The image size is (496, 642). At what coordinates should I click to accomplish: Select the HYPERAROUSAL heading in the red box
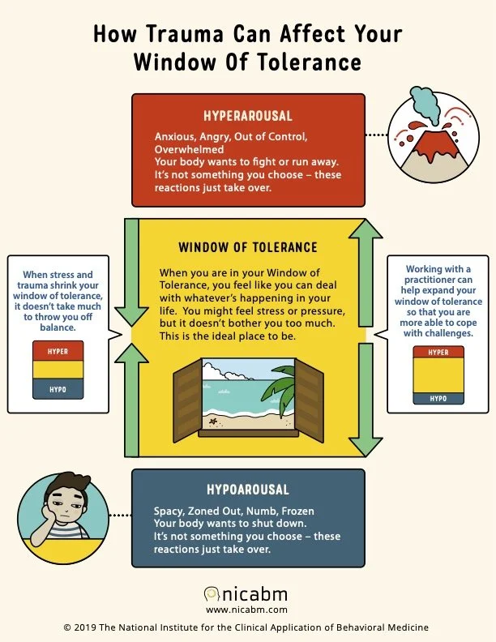click(x=248, y=115)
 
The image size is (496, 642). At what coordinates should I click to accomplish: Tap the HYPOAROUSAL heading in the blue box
click(x=248, y=490)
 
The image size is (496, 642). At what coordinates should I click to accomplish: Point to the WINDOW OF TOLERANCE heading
click(x=247, y=246)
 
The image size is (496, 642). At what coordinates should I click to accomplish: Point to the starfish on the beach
click(x=215, y=422)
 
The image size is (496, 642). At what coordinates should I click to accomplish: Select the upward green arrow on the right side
click(x=365, y=276)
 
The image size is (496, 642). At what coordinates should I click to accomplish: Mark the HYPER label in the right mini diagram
click(x=438, y=353)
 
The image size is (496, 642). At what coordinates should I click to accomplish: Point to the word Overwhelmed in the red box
click(x=187, y=150)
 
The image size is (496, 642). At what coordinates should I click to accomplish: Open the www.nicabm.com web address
click(x=247, y=610)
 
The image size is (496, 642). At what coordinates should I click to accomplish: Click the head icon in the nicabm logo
click(x=212, y=594)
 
